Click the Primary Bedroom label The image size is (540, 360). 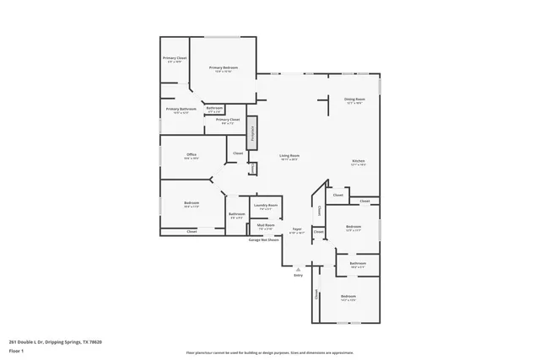(223, 67)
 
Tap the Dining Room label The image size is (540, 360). (354, 99)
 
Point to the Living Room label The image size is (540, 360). (290, 156)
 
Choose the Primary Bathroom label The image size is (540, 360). (181, 109)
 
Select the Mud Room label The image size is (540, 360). (266, 225)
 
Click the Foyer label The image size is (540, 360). (297, 228)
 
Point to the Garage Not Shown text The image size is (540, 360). (264, 240)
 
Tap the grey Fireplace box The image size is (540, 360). (251, 135)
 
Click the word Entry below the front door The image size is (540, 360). (298, 276)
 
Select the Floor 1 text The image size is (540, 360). (17, 350)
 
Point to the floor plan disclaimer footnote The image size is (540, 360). (269, 352)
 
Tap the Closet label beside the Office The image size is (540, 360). (238, 153)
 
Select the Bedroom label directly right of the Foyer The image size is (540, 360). (353, 227)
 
